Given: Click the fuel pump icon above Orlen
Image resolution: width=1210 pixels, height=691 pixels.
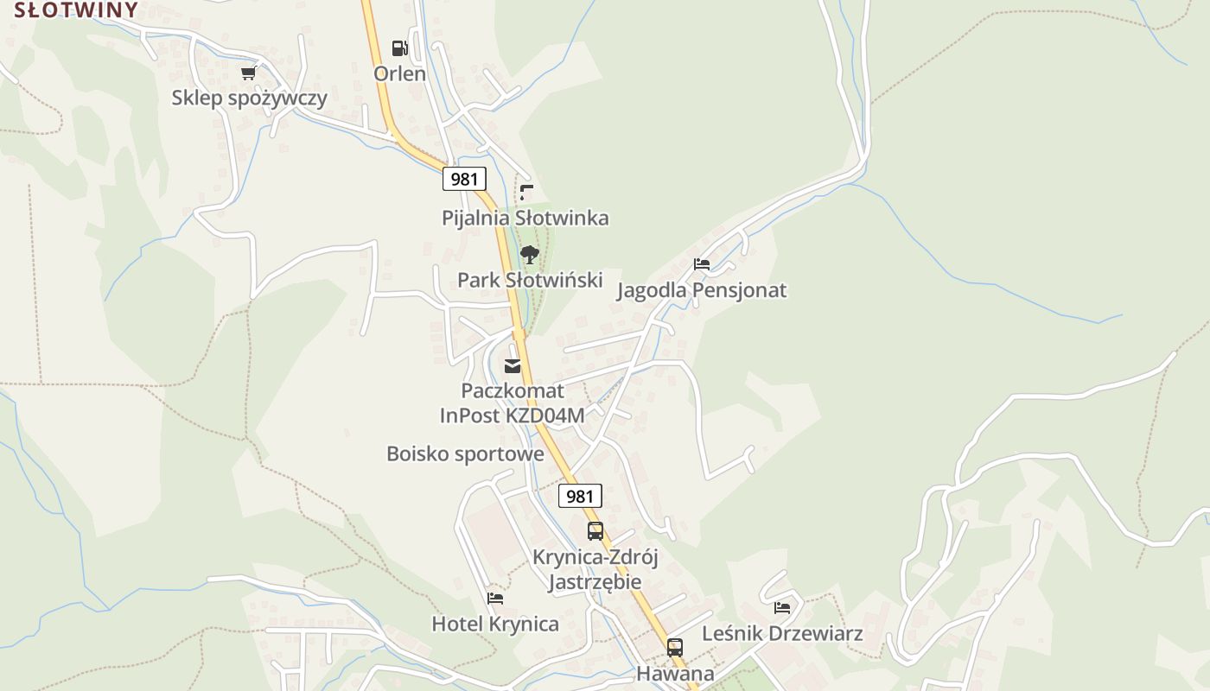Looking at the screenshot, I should [399, 48].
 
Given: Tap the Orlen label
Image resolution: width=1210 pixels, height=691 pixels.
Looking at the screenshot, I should [399, 73].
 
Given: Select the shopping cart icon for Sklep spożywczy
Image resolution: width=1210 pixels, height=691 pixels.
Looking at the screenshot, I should [249, 73].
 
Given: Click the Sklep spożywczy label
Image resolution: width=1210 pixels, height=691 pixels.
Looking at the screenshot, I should [249, 98].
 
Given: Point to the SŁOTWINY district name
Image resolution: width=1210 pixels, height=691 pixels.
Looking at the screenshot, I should [75, 10].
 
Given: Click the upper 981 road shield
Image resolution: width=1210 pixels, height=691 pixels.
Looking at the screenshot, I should [464, 179].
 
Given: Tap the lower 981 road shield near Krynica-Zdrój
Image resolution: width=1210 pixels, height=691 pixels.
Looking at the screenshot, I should [580, 496].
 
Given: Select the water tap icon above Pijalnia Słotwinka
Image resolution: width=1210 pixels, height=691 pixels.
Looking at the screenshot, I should [525, 192].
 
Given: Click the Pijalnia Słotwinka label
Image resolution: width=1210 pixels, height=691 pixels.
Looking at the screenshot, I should [525, 218].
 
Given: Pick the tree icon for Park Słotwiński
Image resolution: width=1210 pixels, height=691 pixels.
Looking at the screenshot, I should [530, 255].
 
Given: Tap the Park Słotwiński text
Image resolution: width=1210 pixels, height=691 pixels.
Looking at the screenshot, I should [530, 280].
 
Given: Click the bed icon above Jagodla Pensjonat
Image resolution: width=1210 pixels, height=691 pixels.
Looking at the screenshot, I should [702, 264].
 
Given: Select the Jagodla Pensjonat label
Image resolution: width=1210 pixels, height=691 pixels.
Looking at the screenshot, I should [701, 290].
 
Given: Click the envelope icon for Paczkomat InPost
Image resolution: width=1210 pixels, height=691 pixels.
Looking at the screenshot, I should [513, 366].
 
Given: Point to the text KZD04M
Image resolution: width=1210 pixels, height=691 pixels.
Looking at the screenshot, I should [544, 415].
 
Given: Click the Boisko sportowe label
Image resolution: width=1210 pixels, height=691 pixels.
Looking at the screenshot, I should [465, 453].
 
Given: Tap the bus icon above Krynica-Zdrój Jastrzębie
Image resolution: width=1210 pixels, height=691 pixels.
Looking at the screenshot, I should [595, 531].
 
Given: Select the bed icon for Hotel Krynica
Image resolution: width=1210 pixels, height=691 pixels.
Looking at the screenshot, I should [495, 598].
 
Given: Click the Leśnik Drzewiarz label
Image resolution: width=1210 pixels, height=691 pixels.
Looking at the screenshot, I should [782, 634].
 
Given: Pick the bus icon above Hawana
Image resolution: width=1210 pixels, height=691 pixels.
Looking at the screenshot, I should [675, 648].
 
